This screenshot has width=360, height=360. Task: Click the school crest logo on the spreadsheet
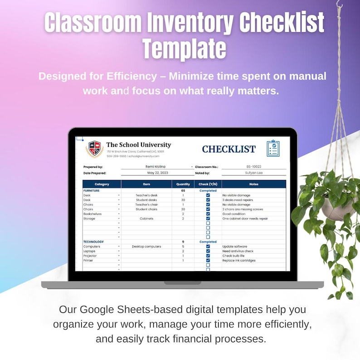(94, 149)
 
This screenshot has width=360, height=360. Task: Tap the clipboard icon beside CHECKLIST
(273, 148)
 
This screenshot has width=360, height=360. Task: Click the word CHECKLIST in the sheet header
(229, 149)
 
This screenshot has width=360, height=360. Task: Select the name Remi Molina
(156, 167)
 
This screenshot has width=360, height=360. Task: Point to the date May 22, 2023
(157, 173)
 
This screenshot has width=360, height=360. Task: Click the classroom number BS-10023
(254, 167)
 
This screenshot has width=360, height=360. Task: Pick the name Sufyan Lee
(254, 173)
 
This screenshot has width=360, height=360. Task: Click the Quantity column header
(183, 184)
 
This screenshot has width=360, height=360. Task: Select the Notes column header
(253, 184)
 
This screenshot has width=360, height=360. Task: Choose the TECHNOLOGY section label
(93, 242)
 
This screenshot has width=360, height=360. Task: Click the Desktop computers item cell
(146, 247)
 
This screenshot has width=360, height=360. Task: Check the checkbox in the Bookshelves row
(208, 214)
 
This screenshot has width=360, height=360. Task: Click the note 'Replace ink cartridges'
(239, 261)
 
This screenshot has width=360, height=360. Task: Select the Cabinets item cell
(146, 219)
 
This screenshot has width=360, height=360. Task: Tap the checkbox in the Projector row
(208, 256)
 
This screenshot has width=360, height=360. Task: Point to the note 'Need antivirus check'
(238, 251)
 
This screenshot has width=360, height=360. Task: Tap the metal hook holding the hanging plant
(339, 5)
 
